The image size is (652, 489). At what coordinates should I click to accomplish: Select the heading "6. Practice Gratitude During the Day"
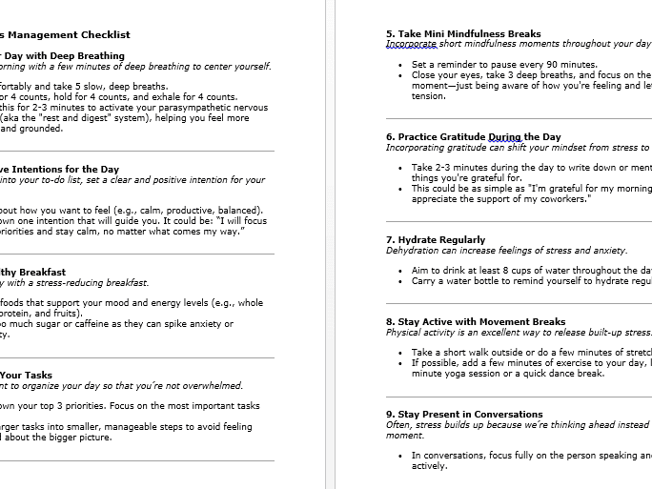[x=473, y=137]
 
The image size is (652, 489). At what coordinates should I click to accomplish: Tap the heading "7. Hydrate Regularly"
[x=436, y=240]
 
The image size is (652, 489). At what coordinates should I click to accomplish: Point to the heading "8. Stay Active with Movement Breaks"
[x=476, y=322]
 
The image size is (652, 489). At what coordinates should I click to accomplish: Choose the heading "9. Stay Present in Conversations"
[x=464, y=415]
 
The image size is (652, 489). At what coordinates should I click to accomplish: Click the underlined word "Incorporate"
[x=413, y=44]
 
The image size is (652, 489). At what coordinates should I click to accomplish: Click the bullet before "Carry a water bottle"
[x=400, y=281]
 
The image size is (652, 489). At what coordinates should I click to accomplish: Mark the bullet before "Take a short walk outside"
[x=400, y=353]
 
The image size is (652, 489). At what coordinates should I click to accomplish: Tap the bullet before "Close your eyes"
[x=400, y=75]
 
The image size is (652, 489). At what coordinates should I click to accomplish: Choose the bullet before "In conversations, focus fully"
[x=400, y=456]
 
